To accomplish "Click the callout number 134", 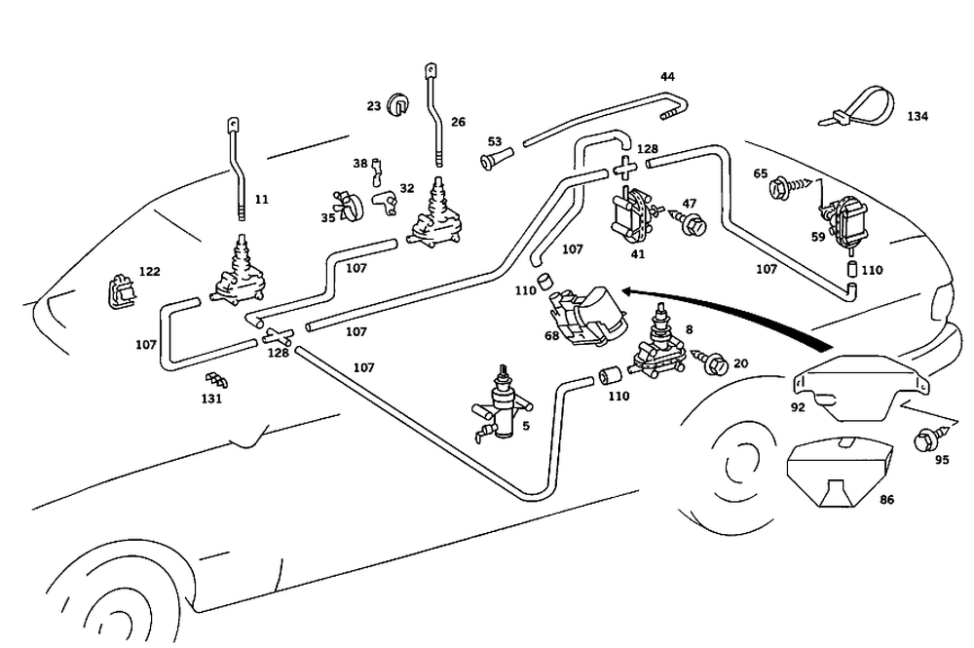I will (x=918, y=116).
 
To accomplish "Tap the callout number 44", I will (x=667, y=76).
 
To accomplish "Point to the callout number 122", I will (x=149, y=272).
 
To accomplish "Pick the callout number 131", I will (x=211, y=399).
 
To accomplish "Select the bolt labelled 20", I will (x=712, y=363).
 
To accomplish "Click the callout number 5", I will (x=527, y=425).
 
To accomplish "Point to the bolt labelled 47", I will (x=692, y=225).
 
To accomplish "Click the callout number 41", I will (x=638, y=253).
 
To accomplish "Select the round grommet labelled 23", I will (x=399, y=103).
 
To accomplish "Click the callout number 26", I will (x=458, y=123).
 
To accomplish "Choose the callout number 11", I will (x=261, y=199).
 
